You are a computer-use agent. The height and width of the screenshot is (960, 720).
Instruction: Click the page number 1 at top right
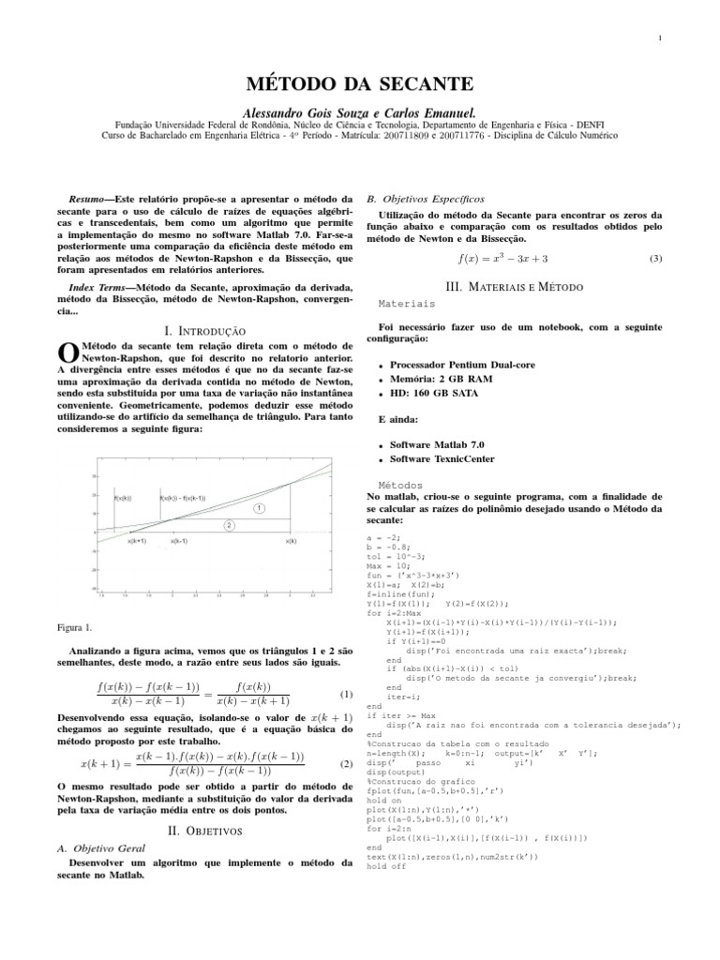pos(661,37)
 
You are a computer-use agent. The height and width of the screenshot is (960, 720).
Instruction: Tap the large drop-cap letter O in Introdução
pos(67,352)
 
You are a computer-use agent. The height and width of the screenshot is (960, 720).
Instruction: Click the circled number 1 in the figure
pos(259,507)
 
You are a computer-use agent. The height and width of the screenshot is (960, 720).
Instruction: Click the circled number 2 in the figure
pos(228,526)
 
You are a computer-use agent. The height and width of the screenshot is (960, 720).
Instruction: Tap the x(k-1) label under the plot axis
pos(179,541)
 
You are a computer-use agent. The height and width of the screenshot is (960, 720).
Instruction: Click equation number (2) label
pos(346,763)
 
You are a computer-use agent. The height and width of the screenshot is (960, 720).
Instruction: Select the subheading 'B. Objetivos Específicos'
pos(426,199)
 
